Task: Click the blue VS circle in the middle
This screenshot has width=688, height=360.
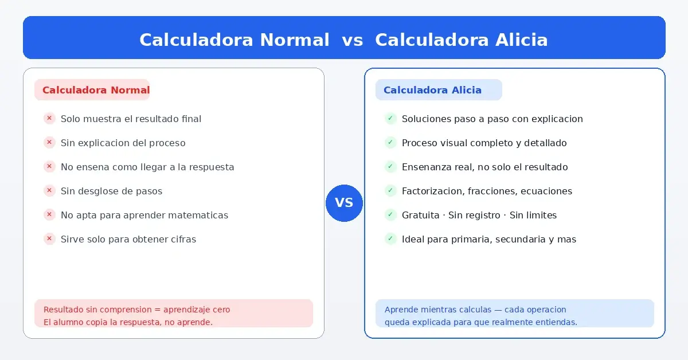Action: click(344, 203)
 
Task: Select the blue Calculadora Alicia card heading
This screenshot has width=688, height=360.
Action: click(432, 90)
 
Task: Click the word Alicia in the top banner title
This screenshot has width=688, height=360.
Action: click(518, 40)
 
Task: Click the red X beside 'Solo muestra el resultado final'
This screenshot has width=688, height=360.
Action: click(49, 119)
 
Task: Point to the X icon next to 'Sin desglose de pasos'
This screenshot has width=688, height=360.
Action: click(49, 191)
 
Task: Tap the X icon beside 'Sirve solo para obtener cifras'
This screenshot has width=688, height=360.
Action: click(49, 239)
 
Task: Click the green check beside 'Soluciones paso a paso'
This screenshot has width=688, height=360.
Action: click(390, 119)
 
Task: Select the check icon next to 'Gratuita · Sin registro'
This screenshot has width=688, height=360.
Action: click(390, 215)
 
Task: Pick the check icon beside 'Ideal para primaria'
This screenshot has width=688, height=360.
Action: click(390, 239)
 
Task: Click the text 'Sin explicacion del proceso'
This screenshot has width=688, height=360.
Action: click(123, 143)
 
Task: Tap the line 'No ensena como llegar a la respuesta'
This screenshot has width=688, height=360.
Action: click(147, 167)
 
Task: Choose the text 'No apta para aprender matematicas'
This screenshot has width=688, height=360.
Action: click(144, 215)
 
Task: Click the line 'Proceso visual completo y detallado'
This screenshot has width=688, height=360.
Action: click(484, 143)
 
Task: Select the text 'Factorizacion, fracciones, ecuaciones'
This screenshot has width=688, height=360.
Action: click(487, 191)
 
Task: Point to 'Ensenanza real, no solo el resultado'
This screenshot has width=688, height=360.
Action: click(484, 167)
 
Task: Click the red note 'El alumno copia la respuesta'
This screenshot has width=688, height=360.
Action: click(128, 322)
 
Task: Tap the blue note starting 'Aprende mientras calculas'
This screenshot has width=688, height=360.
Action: click(475, 310)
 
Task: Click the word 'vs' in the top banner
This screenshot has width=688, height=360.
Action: click(352, 40)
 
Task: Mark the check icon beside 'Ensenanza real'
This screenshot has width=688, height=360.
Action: click(390, 167)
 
